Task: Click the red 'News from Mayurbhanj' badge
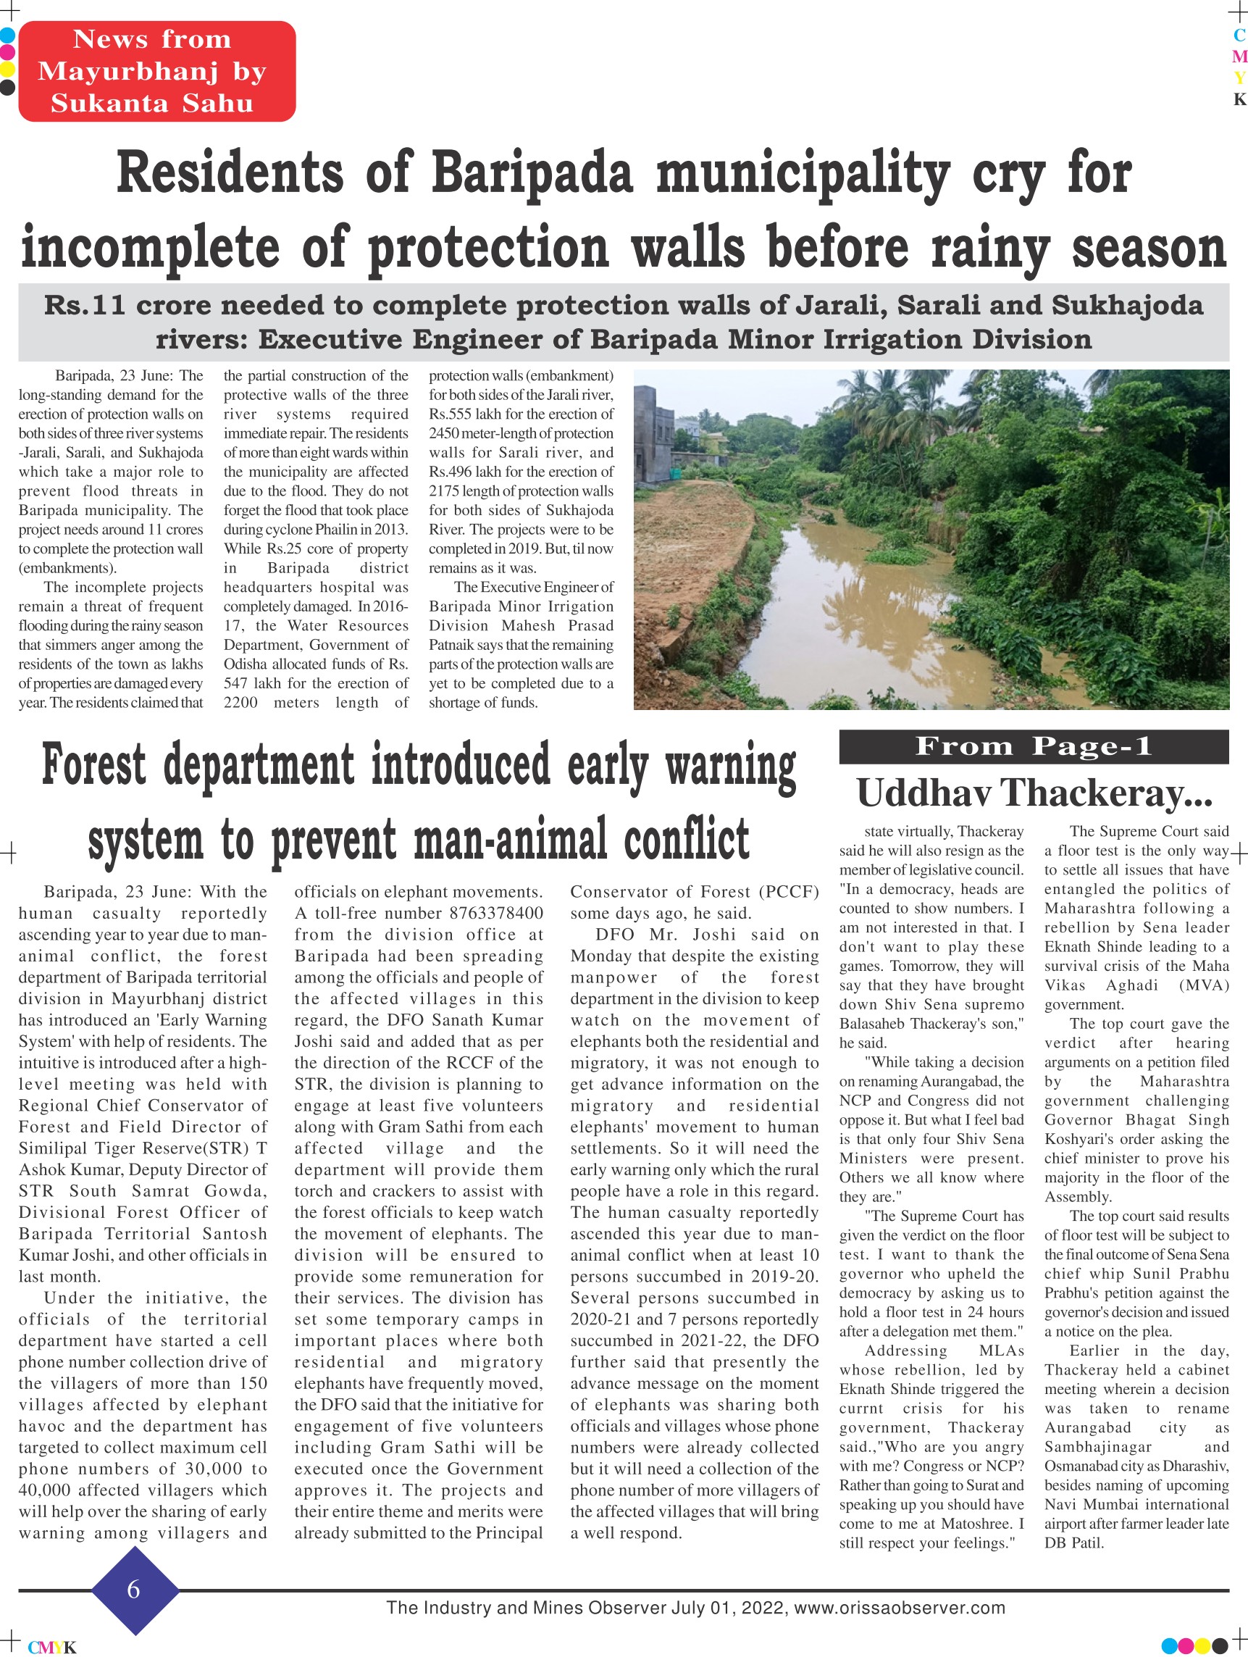click(x=156, y=71)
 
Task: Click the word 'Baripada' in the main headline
click(x=532, y=174)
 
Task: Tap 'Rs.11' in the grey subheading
click(x=85, y=306)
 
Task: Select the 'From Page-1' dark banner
click(x=1033, y=746)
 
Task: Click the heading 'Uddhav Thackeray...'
click(x=1034, y=793)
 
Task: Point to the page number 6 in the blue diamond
click(x=134, y=1589)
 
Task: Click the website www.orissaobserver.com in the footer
click(x=899, y=1608)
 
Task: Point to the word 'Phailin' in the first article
click(x=350, y=530)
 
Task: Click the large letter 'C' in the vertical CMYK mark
click(x=1239, y=35)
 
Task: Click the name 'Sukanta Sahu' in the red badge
click(x=152, y=104)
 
